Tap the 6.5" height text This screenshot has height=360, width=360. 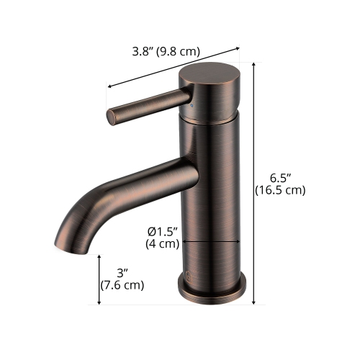point(279,178)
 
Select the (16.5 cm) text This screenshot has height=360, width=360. point(280,191)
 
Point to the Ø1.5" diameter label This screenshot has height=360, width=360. point(163,231)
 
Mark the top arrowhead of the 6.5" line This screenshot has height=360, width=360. point(255,64)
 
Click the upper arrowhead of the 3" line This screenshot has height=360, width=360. point(99,256)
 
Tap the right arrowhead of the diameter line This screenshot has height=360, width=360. point(238,243)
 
